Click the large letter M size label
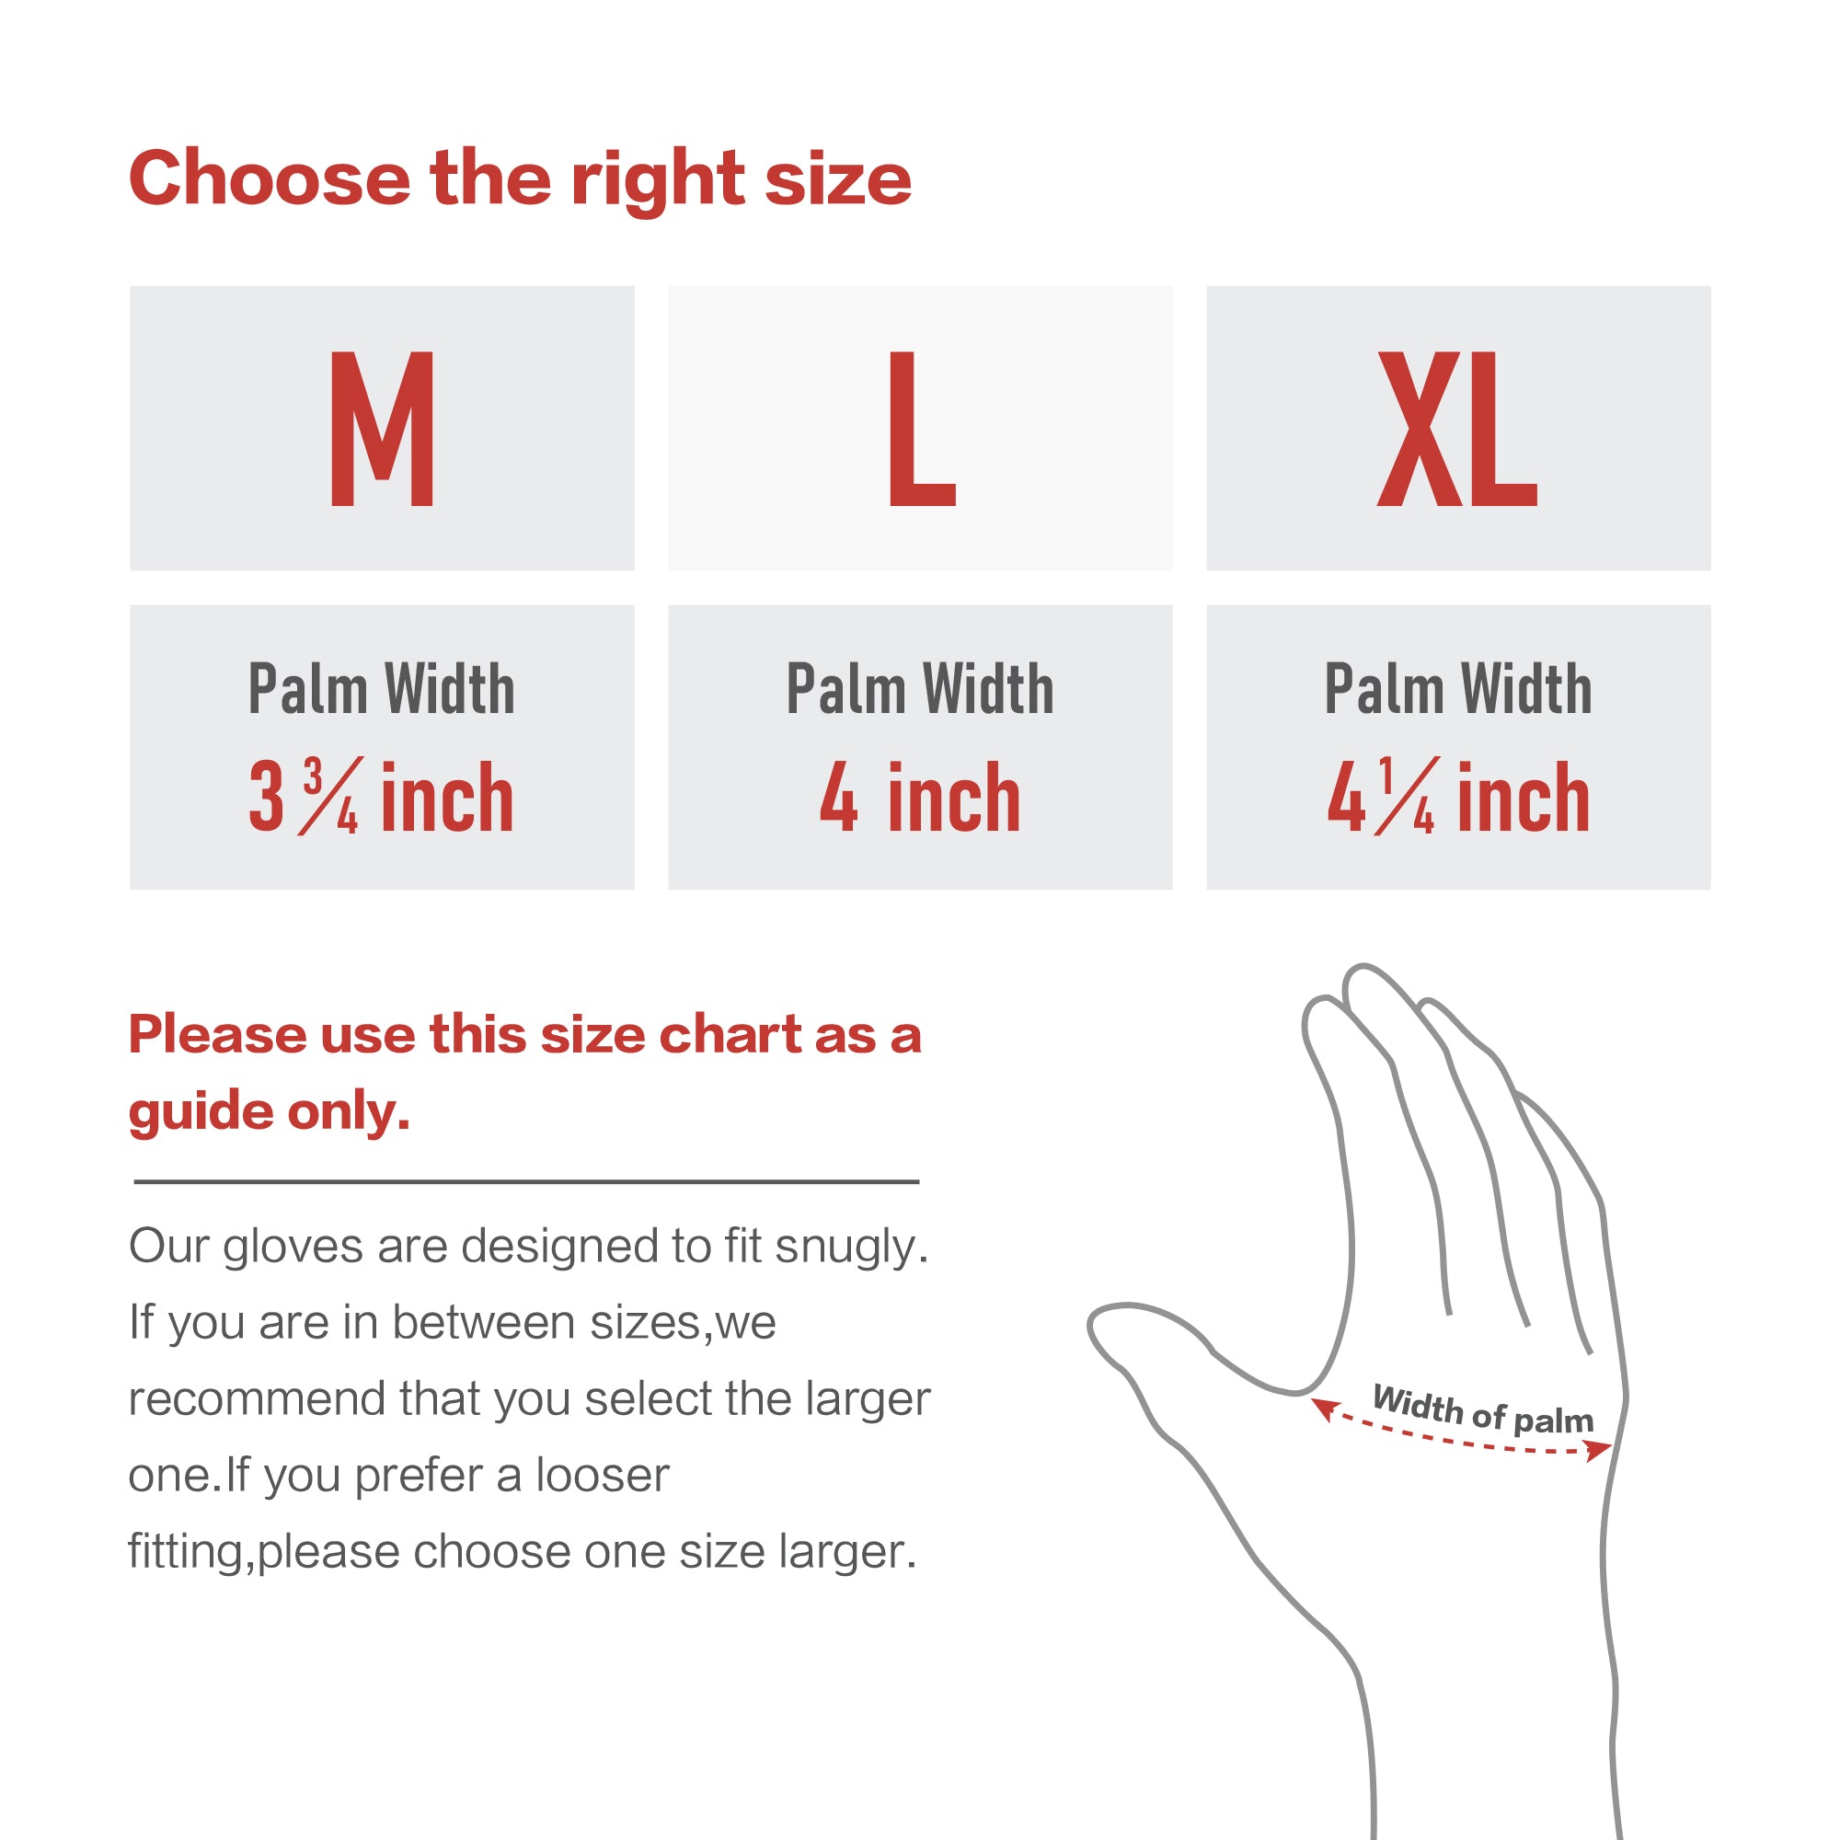382,429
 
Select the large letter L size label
921,429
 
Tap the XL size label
1457,429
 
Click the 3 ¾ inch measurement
381,797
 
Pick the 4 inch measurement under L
920,797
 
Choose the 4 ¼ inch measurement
1458,797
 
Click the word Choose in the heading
270,178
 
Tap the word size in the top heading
838,178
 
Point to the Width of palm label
1483,1409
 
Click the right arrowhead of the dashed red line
1601,1450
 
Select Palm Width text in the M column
381,688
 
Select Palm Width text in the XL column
1458,688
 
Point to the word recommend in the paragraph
255,1399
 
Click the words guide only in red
270,1111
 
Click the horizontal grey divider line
525,1182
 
